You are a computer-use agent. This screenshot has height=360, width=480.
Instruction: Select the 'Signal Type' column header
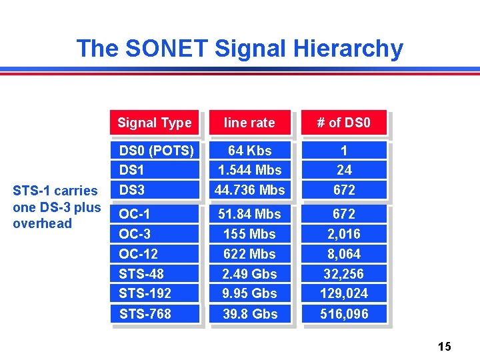[154, 123]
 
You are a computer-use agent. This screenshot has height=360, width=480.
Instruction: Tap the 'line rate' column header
[249, 123]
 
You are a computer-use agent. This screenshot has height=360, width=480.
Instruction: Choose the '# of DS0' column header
[343, 123]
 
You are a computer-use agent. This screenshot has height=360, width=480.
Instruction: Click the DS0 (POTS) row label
[156, 151]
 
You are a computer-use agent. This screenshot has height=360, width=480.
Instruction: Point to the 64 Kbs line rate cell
[249, 151]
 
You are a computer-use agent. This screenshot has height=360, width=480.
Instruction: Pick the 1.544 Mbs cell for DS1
[249, 170]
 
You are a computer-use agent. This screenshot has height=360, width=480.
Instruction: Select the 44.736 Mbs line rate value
[249, 190]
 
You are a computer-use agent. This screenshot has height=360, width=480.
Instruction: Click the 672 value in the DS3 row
[344, 190]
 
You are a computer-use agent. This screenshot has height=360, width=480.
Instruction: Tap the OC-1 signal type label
[134, 214]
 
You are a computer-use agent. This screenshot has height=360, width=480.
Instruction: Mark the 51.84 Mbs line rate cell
[249, 214]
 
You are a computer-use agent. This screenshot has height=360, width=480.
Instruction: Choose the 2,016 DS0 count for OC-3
[344, 234]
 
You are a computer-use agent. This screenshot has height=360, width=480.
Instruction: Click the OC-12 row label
[138, 254]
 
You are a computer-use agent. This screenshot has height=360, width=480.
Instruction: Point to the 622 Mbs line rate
[249, 254]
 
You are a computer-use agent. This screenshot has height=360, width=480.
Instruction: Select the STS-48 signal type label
[141, 273]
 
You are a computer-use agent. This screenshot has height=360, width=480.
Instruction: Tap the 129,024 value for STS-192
[344, 293]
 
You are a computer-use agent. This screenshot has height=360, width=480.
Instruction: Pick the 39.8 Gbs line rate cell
[249, 313]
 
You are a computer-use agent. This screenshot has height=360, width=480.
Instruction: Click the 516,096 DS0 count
[344, 313]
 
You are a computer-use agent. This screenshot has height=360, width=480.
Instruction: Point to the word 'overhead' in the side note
[42, 223]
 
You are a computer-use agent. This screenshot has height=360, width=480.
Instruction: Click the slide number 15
[445, 346]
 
